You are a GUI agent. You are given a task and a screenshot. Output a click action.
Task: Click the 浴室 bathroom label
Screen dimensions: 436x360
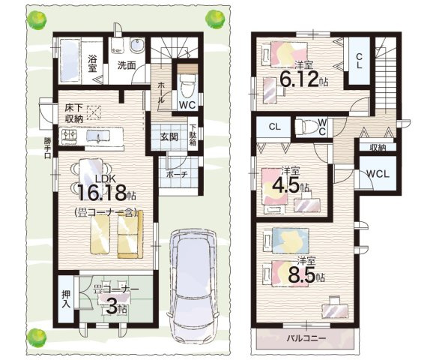pyautogui.click(x=92, y=64)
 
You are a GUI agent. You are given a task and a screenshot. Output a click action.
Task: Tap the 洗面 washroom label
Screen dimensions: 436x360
pyautogui.click(x=127, y=66)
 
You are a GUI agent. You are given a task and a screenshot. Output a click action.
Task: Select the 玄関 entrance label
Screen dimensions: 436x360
pyautogui.click(x=169, y=137)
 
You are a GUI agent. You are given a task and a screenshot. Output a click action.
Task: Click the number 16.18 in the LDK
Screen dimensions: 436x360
pyautogui.click(x=102, y=193)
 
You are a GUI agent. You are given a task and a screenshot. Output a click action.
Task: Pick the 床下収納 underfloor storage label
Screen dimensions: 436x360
pyautogui.click(x=74, y=113)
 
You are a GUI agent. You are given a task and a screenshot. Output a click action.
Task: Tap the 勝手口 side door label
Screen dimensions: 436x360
pyautogui.click(x=47, y=148)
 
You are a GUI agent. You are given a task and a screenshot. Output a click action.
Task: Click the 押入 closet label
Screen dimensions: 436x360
pyautogui.click(x=66, y=299)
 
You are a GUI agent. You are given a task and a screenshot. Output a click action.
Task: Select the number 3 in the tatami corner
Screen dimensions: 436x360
pyautogui.click(x=111, y=307)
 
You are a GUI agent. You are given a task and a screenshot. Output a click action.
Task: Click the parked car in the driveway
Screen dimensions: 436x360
pyautogui.click(x=193, y=285)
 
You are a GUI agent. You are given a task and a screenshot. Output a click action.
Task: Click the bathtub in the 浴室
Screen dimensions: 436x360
pyautogui.click(x=70, y=61)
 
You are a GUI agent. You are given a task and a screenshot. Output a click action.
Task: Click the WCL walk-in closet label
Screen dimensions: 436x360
pyautogui.click(x=378, y=174)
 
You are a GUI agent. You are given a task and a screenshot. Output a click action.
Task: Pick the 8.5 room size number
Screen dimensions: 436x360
pyautogui.click(x=301, y=275)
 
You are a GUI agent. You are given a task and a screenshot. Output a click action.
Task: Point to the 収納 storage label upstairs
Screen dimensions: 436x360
pyautogui.click(x=378, y=148)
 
